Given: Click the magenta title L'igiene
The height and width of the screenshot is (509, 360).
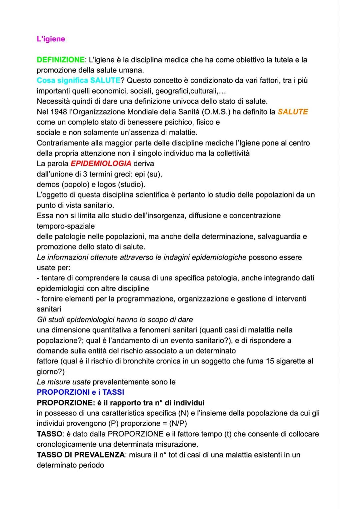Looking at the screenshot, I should pyautogui.click(x=51, y=39).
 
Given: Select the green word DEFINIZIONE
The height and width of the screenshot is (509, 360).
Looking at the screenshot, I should pyautogui.click(x=60, y=60).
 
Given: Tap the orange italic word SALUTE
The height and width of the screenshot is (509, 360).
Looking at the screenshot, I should pyautogui.click(x=293, y=112).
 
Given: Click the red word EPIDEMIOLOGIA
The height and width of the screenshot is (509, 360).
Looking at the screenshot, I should pyautogui.click(x=101, y=164).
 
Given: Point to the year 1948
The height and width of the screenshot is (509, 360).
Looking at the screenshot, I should pyautogui.click(x=59, y=112).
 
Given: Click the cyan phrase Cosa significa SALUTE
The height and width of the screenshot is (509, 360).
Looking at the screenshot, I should pyautogui.click(x=78, y=81).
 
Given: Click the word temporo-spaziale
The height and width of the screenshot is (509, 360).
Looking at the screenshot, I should pyautogui.click(x=66, y=226).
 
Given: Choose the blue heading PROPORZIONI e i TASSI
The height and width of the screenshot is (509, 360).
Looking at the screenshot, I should pyautogui.click(x=80, y=392).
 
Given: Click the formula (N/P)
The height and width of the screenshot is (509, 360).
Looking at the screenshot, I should pyautogui.click(x=178, y=424).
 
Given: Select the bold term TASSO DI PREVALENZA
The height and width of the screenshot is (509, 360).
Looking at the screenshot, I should pyautogui.click(x=80, y=455).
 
